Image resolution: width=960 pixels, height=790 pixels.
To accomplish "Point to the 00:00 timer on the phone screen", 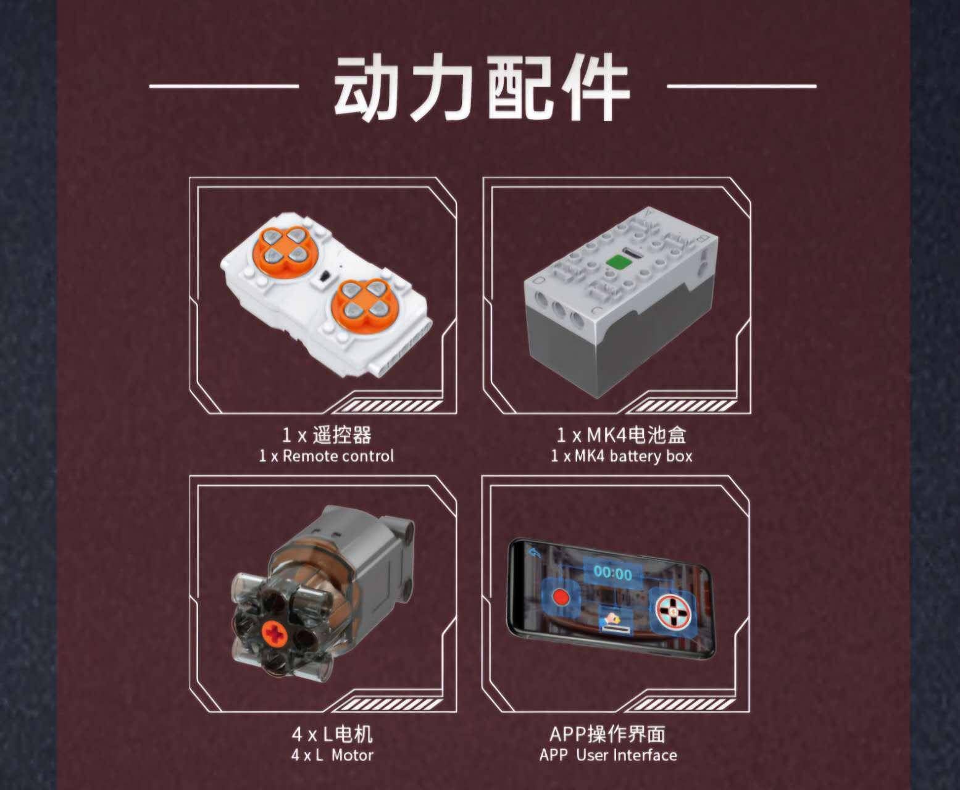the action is [612, 573].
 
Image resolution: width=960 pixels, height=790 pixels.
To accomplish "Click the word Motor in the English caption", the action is [353, 755].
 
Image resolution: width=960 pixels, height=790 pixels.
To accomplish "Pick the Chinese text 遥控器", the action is [342, 435].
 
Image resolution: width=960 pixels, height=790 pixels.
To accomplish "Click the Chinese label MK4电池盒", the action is [636, 435].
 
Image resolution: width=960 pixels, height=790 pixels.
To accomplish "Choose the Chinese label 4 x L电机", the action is [332, 734].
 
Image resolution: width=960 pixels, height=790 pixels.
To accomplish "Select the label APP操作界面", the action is [607, 734].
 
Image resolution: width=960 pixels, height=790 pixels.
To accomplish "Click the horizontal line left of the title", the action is [224, 86].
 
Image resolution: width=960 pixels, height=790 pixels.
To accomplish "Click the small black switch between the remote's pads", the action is [325, 277].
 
